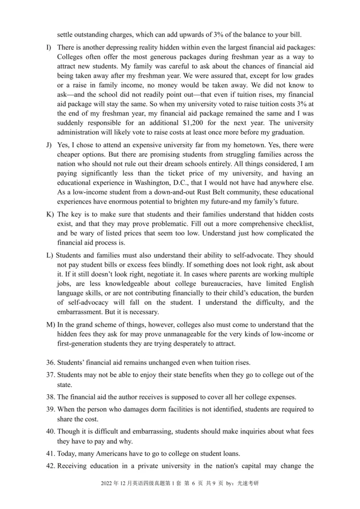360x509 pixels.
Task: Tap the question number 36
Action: (x=50, y=363)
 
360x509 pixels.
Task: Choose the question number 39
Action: (x=50, y=409)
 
